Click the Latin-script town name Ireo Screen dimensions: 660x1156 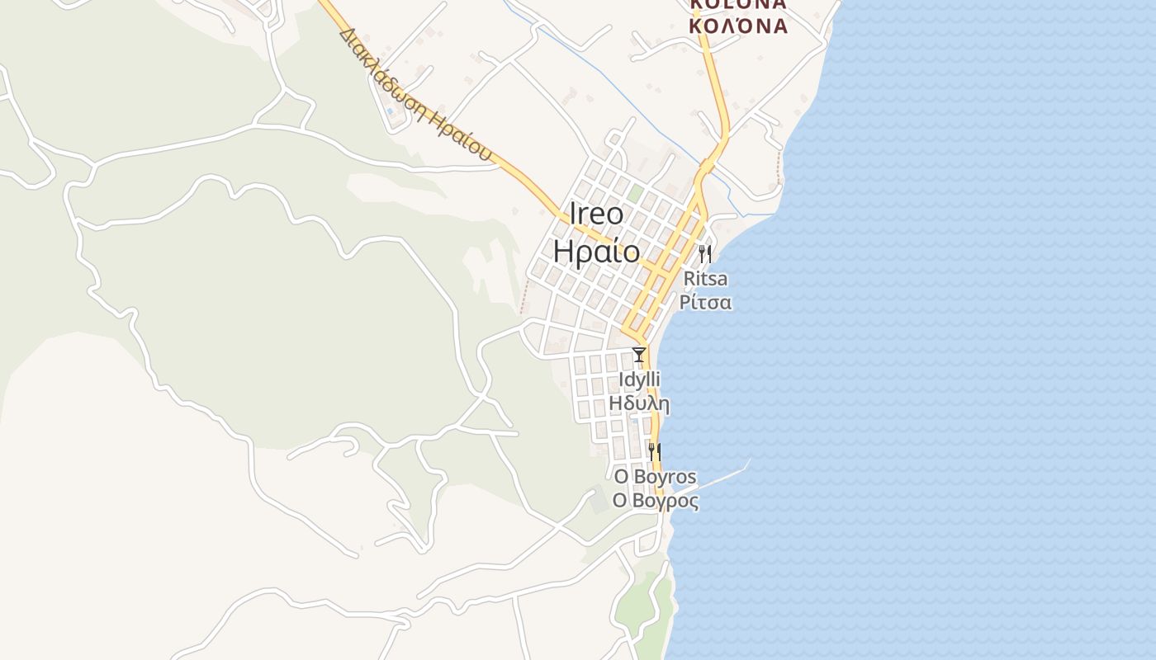(x=596, y=214)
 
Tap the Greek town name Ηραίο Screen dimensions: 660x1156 (x=596, y=252)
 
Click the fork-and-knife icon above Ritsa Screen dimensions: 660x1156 (x=704, y=253)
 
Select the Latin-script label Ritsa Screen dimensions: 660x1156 (x=705, y=279)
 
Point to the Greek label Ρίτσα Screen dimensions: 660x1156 (x=705, y=302)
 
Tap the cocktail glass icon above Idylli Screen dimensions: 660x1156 (x=638, y=355)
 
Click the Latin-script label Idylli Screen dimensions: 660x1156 (x=638, y=379)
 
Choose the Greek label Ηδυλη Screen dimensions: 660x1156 (x=638, y=403)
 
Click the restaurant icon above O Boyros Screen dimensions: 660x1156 (x=654, y=451)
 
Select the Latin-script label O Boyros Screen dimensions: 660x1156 (x=655, y=477)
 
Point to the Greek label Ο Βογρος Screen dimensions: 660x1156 (x=655, y=501)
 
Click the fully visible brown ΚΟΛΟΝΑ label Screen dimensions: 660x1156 (x=738, y=26)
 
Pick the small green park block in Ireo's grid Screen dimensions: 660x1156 (x=635, y=194)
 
